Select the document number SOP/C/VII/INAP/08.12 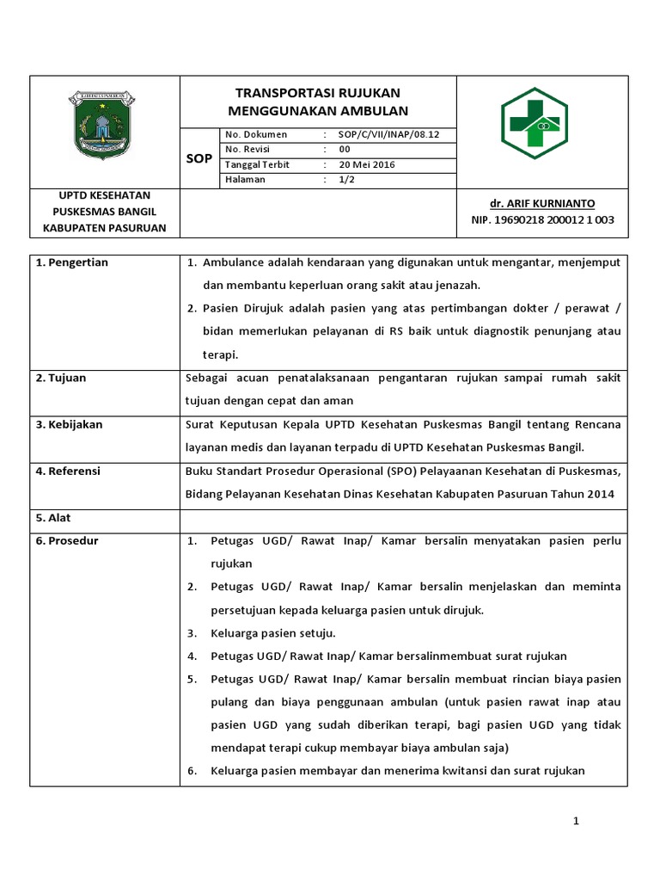(388, 135)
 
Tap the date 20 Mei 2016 (367, 165)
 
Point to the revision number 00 (345, 150)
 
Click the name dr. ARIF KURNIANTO (541, 204)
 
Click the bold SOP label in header (199, 159)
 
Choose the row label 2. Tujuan (61, 379)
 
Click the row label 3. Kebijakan (68, 425)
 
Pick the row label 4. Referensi (68, 471)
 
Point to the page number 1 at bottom (577, 822)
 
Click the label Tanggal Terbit (257, 165)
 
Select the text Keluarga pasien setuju (272, 633)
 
